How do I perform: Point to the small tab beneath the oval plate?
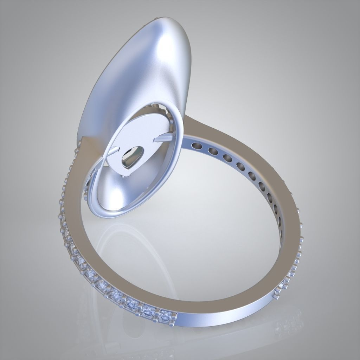coord(123,176)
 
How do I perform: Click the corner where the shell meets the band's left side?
coord(82,139)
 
